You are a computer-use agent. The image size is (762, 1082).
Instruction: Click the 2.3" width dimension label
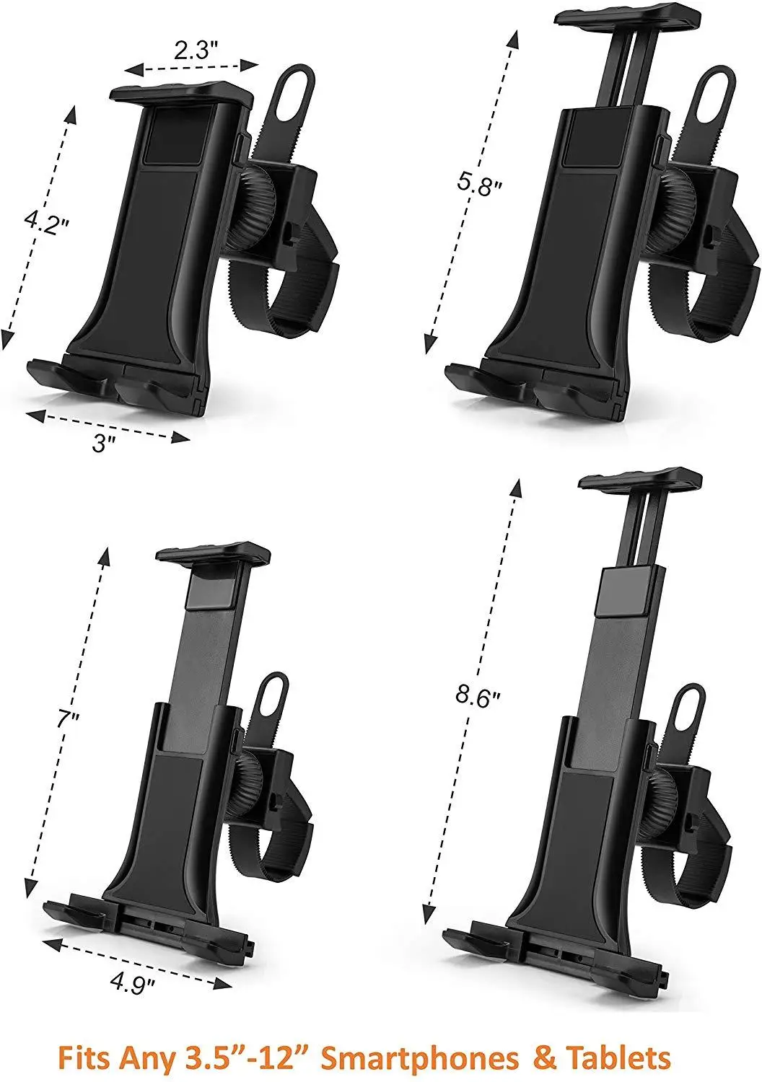click(x=196, y=50)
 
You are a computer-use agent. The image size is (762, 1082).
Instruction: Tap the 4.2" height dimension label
click(x=48, y=222)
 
